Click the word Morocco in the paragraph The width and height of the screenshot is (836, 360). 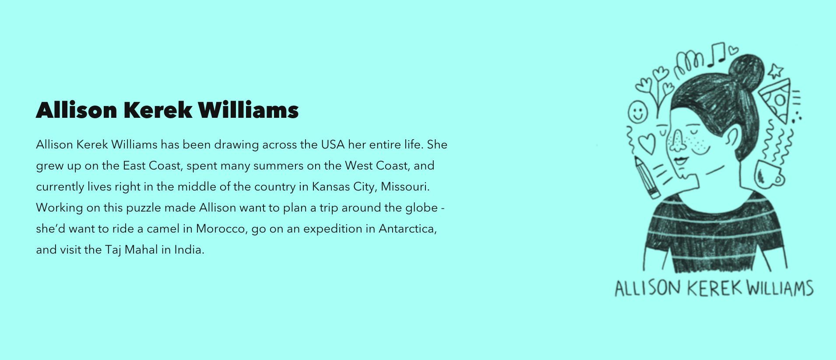(x=221, y=229)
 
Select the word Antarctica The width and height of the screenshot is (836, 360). (x=407, y=229)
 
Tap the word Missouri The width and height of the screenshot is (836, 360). (x=405, y=187)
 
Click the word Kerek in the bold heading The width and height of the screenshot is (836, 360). (x=158, y=110)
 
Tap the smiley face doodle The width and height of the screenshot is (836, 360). (x=638, y=112)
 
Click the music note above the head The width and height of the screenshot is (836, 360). (x=717, y=54)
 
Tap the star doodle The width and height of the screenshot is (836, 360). (x=776, y=71)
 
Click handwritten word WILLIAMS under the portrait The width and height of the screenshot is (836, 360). (x=780, y=288)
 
